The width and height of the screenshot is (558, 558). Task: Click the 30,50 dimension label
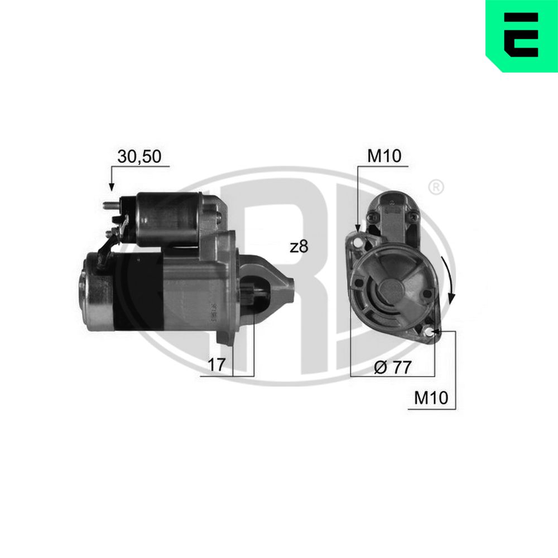139,157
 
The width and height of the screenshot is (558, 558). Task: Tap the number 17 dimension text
217,364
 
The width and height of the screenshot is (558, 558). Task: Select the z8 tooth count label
299,247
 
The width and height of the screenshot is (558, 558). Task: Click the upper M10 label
384,156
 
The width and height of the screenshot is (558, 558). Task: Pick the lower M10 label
431,397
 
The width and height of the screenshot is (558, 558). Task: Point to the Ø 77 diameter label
393,367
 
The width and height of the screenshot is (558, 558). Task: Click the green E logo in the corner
522,36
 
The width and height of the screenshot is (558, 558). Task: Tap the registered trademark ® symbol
436,187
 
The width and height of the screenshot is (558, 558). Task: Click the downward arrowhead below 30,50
112,186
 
